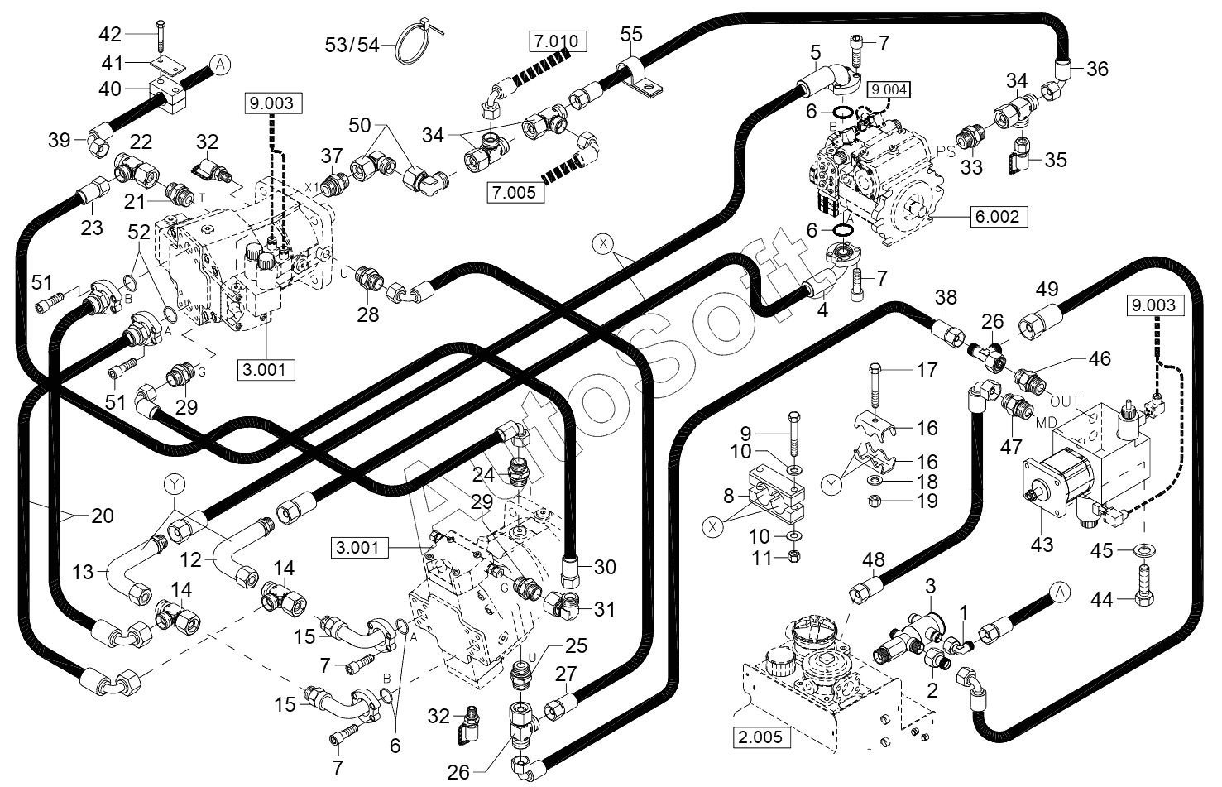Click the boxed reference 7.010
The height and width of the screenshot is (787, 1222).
tap(558, 41)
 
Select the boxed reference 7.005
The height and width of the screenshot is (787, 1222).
tap(515, 193)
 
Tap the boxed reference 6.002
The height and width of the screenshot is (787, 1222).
tap(999, 217)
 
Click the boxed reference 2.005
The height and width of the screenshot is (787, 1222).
tap(760, 737)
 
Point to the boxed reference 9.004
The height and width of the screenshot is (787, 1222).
tap(889, 90)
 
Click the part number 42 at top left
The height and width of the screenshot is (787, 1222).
tap(110, 35)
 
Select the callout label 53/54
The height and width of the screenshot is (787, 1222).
tap(352, 44)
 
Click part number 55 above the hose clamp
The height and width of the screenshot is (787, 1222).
tap(631, 35)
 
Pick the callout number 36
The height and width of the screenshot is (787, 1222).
tap(1098, 70)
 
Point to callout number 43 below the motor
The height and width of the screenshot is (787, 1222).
tap(1042, 545)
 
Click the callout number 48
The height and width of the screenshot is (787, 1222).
tap(874, 560)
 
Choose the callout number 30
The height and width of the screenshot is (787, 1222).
tap(605, 568)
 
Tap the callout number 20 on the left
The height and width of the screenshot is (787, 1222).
tap(103, 516)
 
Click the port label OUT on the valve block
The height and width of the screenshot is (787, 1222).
tap(1065, 402)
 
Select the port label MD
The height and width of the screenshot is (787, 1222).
tap(1047, 423)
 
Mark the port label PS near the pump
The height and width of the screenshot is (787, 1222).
tap(946, 151)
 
